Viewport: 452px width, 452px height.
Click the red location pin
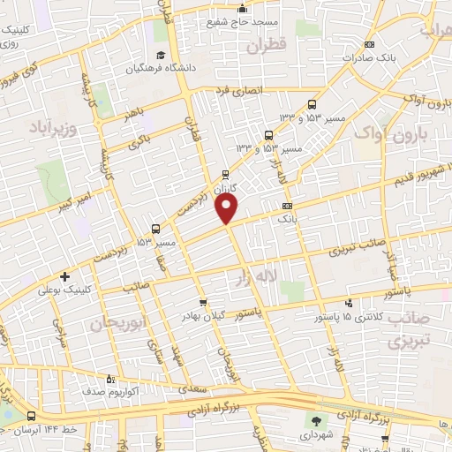pyautogui.click(x=228, y=208)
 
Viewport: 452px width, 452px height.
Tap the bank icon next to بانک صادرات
pyautogui.click(x=369, y=46)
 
